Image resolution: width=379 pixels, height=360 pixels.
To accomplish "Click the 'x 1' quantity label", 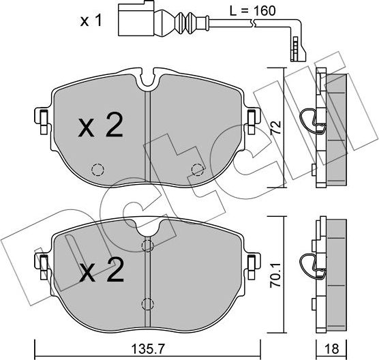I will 91,21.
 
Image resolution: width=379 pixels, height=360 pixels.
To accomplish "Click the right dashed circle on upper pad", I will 198,170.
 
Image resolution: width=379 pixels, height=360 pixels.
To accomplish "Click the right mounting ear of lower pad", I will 252,262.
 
